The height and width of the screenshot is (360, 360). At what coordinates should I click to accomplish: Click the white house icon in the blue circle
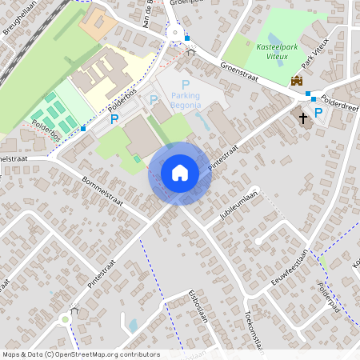pos(180,172)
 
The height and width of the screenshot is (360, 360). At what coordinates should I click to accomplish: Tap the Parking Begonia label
pos(186,99)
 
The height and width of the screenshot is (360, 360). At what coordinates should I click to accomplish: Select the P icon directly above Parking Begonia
pos(186,84)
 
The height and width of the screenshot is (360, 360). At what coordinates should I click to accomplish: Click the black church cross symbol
pos(303,118)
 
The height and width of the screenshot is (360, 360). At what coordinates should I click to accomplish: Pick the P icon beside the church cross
pos(318,113)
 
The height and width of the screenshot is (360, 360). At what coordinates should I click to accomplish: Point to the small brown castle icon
pos(297,80)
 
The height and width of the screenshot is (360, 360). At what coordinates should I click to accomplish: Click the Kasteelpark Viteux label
pos(281,53)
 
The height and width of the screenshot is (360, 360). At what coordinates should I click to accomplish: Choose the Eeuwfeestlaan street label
pos(289,266)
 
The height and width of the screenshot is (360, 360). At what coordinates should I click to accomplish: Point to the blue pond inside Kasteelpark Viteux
pos(274,39)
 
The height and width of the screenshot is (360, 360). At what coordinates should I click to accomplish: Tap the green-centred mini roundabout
pos(65,319)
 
